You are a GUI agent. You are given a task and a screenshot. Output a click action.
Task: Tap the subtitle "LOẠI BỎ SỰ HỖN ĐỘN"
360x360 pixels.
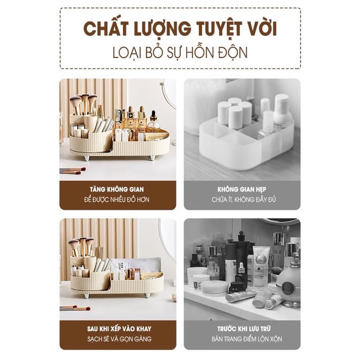pyautogui.click(x=180, y=52)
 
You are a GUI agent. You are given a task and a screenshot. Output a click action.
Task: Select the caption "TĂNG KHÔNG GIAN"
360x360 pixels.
pyautogui.click(x=117, y=189)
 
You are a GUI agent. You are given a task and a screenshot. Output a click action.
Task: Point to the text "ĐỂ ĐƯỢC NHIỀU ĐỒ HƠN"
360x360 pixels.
pyautogui.click(x=117, y=199)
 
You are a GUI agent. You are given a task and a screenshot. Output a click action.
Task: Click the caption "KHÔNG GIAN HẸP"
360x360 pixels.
pyautogui.click(x=242, y=189)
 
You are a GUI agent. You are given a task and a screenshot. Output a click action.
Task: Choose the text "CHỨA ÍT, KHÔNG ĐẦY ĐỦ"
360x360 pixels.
pyautogui.click(x=243, y=199)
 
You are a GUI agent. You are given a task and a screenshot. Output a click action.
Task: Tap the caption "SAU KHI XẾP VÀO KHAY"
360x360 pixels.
pyautogui.click(x=119, y=329)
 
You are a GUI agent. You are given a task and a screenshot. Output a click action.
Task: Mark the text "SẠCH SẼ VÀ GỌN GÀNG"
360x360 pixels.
pyautogui.click(x=120, y=339)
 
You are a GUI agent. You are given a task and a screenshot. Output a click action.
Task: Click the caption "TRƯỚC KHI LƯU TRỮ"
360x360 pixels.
pyautogui.click(x=244, y=329)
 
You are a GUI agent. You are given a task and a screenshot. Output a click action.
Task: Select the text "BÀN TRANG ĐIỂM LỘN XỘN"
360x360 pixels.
pyautogui.click(x=247, y=339)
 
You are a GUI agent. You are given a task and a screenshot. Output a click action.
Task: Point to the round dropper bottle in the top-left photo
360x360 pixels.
pyautogui.click(x=153, y=121)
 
